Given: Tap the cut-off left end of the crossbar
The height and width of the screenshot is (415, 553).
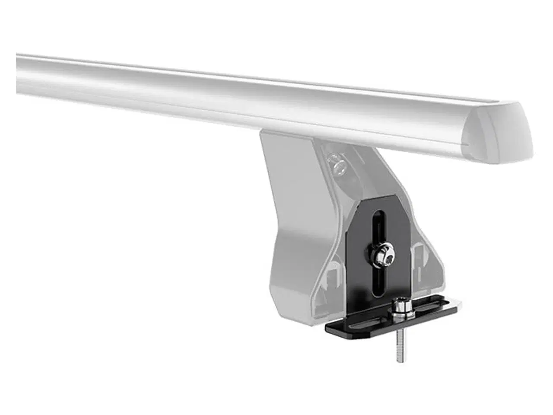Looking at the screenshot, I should (x=19, y=73).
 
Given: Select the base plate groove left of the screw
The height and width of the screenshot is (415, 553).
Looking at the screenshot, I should (x=363, y=322).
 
